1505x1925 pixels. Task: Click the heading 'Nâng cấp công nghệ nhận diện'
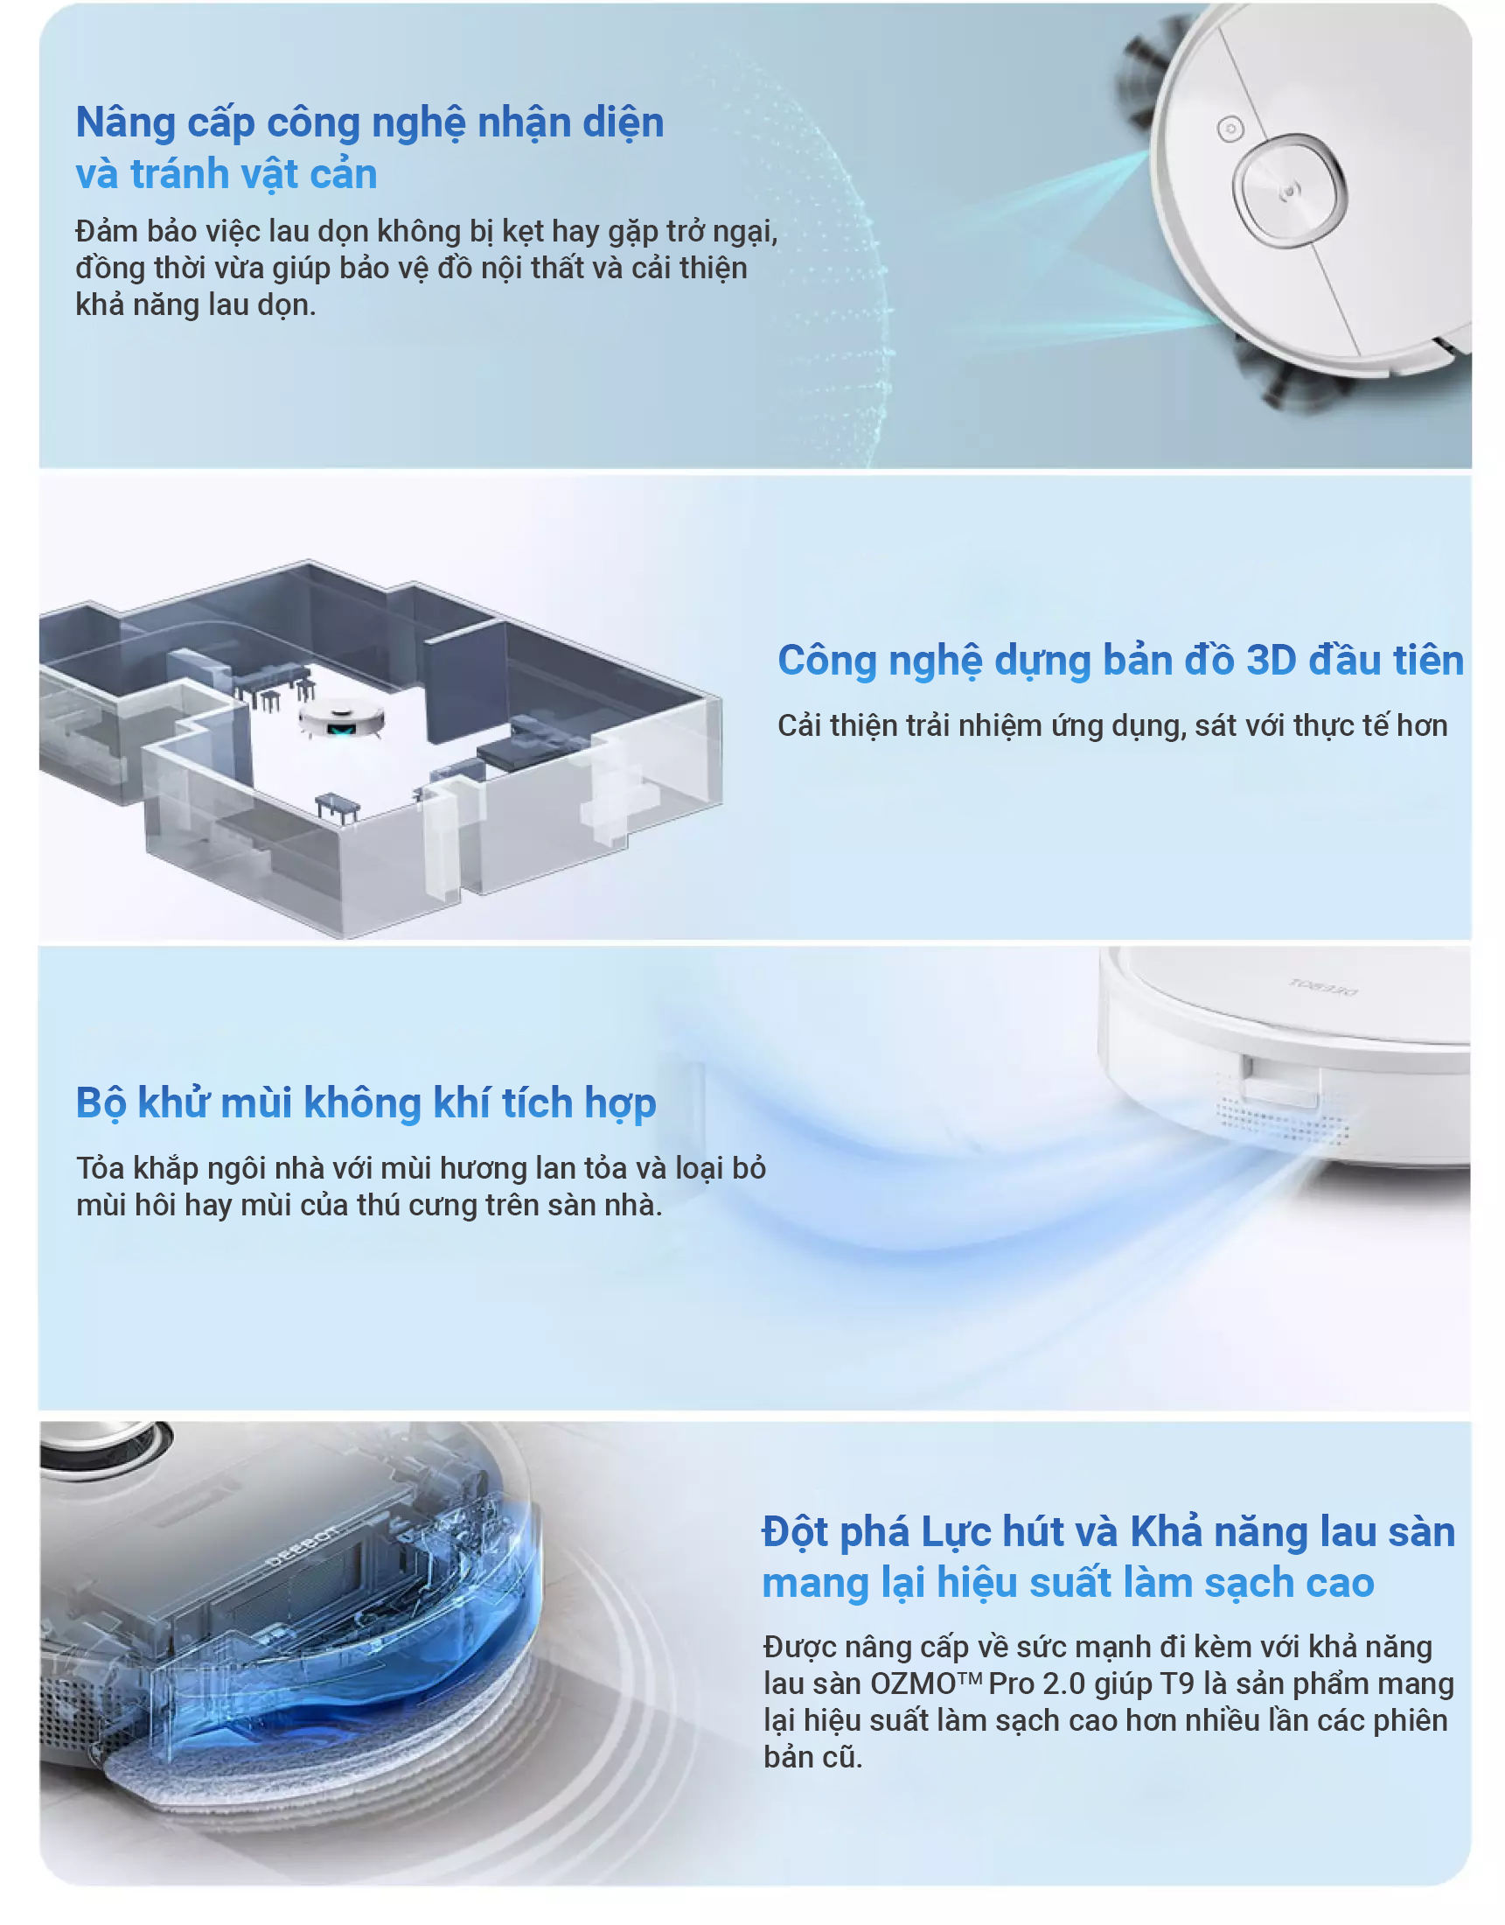369,123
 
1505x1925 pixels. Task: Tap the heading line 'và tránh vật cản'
226,174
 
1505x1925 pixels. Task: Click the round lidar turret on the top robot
1289,190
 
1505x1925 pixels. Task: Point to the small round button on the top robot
1230,129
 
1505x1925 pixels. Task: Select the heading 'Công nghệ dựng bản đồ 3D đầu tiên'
1120,661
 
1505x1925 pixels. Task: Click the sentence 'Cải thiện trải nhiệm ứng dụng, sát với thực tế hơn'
1112,725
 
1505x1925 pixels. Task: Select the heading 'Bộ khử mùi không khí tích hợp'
366,1103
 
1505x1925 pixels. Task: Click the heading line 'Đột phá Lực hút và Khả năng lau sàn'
1109,1532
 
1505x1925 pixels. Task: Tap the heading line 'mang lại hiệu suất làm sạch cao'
1068,1583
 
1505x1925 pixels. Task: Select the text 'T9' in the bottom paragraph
1177,1683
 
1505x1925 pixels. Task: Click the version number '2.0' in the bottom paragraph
1063,1683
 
